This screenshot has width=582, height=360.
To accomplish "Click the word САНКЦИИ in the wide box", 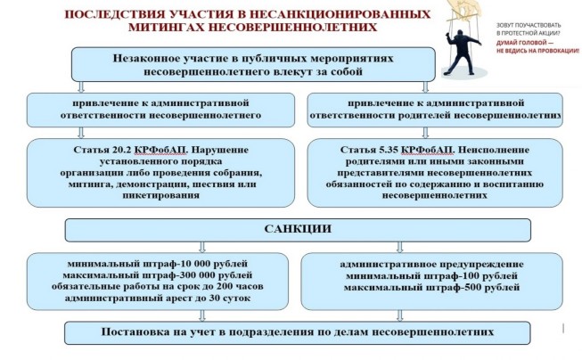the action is (298, 229).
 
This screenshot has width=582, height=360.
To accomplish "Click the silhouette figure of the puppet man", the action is (463, 53).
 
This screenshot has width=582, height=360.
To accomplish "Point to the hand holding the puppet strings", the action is (464, 8).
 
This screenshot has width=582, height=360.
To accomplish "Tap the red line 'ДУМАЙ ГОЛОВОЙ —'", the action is (524, 43).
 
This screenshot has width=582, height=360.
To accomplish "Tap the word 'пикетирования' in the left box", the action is (160, 195).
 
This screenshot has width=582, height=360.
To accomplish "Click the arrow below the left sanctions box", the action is (202, 315).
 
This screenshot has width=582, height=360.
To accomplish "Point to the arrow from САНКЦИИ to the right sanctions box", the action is (399, 247).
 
